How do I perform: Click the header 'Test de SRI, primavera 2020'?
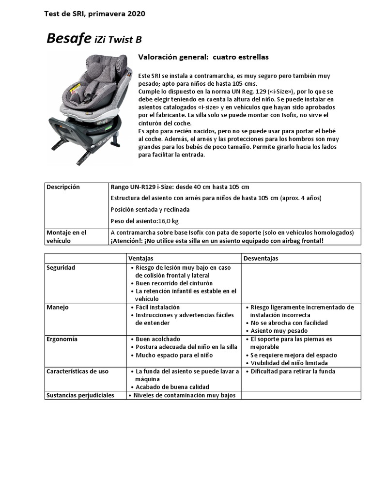[x=94, y=14]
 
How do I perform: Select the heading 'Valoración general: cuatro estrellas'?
[x=203, y=57]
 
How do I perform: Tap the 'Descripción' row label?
[x=63, y=187]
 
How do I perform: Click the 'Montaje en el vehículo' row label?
[x=66, y=236]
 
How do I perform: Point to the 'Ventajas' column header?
[x=140, y=258]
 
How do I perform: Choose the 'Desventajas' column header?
[x=261, y=258]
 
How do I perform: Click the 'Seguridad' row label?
[x=61, y=267]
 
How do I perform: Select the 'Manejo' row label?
[x=57, y=307]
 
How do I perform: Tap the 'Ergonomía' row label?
[x=62, y=339]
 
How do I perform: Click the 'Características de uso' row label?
[x=77, y=372]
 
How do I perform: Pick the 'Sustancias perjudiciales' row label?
[x=80, y=395]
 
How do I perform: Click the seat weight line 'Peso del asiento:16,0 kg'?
[x=144, y=221]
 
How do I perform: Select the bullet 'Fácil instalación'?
[x=157, y=307]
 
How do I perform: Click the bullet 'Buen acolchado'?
[x=156, y=339]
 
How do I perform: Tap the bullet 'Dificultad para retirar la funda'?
[x=293, y=372]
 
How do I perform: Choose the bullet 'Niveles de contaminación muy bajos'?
[x=184, y=395]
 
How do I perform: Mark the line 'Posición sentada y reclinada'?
[x=150, y=210]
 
